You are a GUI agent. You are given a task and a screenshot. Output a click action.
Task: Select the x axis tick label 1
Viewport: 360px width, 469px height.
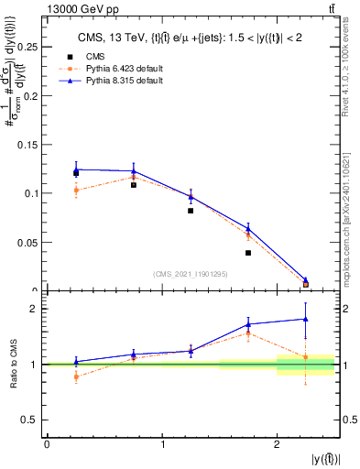click(x=162, y=444)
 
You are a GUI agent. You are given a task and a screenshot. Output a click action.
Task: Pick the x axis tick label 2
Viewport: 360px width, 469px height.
click(x=278, y=444)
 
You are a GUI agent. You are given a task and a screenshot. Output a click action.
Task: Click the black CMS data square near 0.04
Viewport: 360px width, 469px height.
click(x=248, y=253)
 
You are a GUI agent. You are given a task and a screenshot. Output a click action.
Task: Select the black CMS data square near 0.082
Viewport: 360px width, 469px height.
click(x=191, y=211)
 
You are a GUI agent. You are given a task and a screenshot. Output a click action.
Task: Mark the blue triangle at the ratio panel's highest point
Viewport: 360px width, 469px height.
click(x=306, y=319)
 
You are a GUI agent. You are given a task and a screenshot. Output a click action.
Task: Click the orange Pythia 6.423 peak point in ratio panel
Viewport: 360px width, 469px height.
click(x=248, y=333)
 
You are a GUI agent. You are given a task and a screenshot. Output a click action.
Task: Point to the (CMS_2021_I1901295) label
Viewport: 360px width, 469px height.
click(x=191, y=274)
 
